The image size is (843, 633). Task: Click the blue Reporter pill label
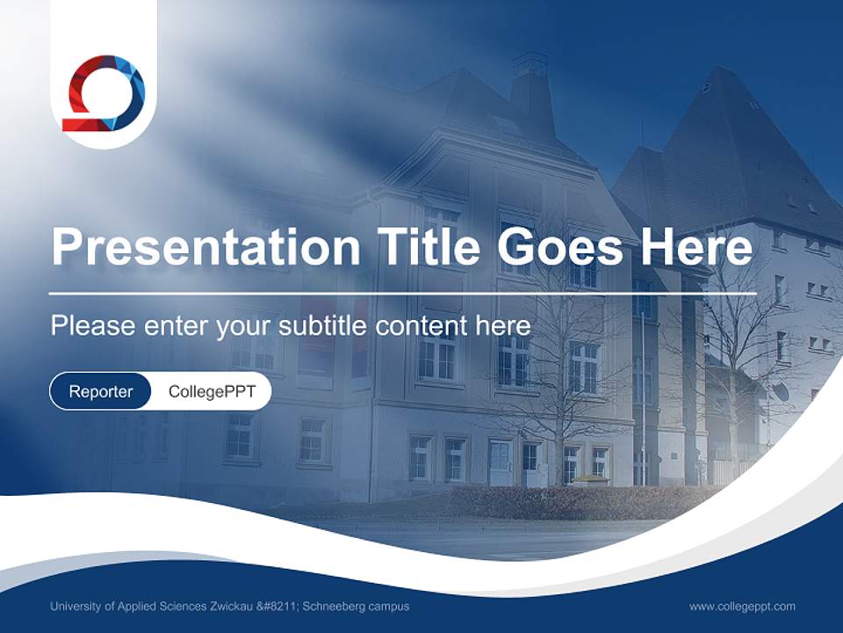tap(100, 391)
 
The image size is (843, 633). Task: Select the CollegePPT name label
tap(212, 391)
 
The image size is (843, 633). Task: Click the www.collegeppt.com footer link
tap(742, 606)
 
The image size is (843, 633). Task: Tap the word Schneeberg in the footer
tap(338, 606)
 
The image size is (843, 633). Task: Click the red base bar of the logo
tap(82, 125)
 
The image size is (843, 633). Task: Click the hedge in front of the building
tap(580, 501)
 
